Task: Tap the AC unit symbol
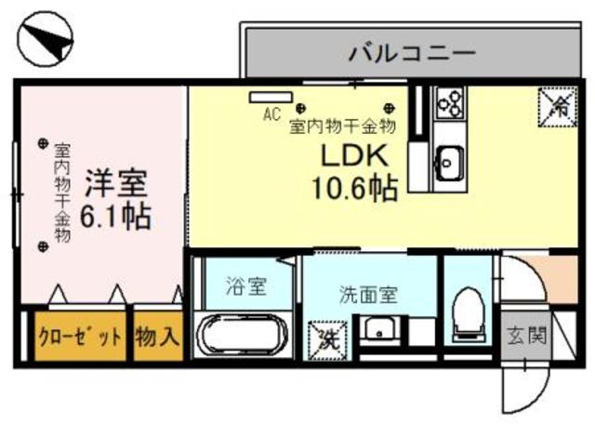(270, 98)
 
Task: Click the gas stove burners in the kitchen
(450, 101)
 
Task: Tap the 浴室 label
(247, 286)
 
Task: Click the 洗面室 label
(367, 295)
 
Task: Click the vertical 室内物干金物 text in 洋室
(62, 191)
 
